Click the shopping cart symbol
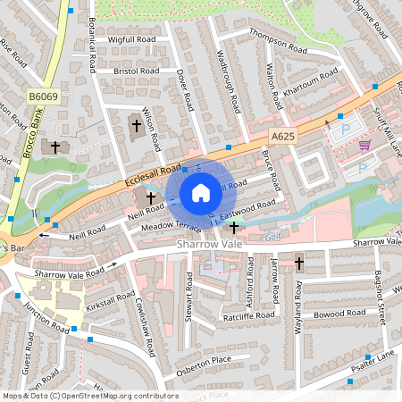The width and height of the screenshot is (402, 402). (364, 144)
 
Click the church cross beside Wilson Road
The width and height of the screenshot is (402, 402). (137, 125)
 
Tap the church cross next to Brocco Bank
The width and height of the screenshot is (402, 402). (55, 147)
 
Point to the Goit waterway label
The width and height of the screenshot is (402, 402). (272, 236)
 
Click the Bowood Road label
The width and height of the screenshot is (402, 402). (341, 314)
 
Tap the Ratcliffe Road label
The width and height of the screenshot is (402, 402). (249, 315)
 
